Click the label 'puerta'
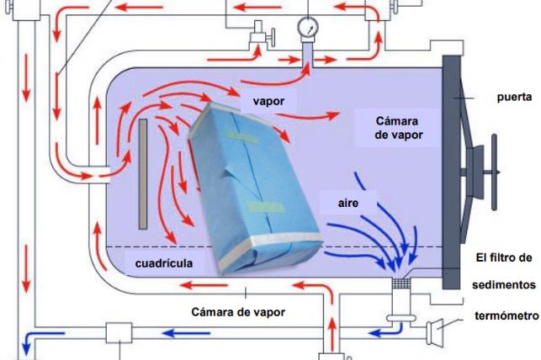pyautogui.click(x=513, y=97)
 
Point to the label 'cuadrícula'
pyautogui.click(x=168, y=263)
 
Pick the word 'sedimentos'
pyautogui.click(x=503, y=285)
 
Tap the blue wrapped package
pyautogui.click(x=252, y=193)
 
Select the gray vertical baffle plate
pyautogui.click(x=143, y=173)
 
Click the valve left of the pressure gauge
pyautogui.click(x=255, y=37)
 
